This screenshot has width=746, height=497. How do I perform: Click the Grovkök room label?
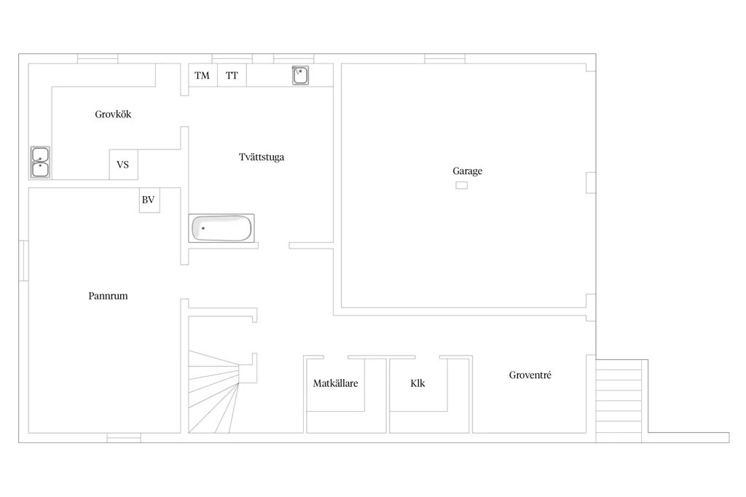113,114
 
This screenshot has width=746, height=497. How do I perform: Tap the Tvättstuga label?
262,157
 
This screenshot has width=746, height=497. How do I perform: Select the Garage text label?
467,171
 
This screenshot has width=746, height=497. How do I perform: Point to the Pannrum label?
108,296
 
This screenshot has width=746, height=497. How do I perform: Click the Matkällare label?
335,383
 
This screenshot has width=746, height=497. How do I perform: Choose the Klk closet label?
417,383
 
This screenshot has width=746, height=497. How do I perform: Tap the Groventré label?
530,375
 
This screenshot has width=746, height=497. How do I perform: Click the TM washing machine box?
203,75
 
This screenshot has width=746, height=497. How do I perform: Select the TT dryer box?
232,75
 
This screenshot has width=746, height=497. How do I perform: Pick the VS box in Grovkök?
123,165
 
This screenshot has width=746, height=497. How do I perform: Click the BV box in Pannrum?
149,200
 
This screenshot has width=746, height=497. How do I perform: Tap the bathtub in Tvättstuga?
221,229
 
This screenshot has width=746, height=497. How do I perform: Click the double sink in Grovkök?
41,163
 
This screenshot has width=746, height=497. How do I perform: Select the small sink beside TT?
300,75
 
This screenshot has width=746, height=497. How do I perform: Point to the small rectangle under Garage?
461,185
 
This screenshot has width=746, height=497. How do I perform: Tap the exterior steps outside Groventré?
619,401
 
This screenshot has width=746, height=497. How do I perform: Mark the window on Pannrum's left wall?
23,261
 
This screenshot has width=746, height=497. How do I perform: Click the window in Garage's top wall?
445,58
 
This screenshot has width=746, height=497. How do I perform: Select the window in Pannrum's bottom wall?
124,438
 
